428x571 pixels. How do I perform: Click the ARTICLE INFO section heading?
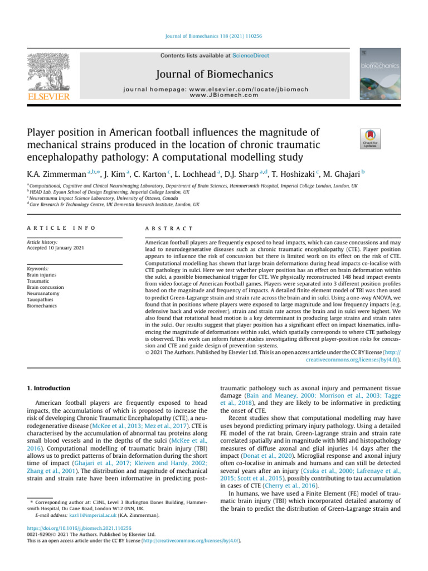click(61, 229)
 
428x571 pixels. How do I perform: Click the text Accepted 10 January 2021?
click(55, 248)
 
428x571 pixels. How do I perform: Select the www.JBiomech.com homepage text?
click(223, 95)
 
